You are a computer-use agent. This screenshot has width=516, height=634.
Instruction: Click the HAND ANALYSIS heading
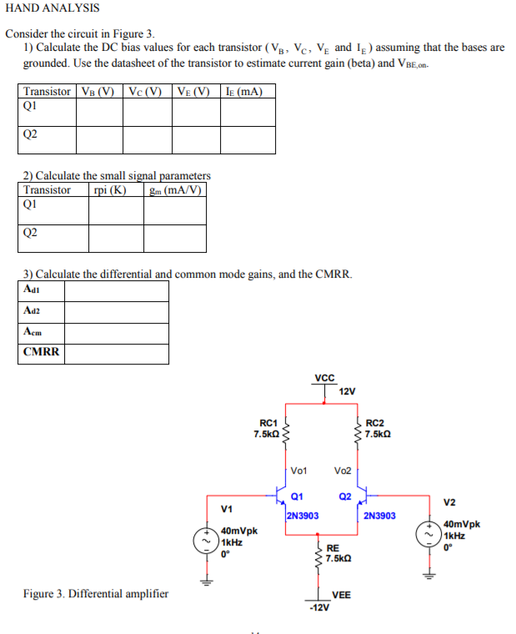[52, 8]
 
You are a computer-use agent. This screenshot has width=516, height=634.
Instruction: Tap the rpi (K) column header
[115, 189]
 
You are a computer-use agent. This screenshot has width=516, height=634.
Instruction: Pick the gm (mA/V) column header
[174, 189]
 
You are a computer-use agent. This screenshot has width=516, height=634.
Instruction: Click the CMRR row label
[42, 351]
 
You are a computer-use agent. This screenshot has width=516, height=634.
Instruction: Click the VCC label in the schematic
[324, 377]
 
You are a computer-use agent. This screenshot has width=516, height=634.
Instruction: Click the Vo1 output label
[300, 471]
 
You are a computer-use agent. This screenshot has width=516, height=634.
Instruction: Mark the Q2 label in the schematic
[345, 498]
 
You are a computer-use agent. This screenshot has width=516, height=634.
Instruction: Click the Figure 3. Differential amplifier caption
[95, 594]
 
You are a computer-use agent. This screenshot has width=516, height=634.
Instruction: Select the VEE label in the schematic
[342, 595]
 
